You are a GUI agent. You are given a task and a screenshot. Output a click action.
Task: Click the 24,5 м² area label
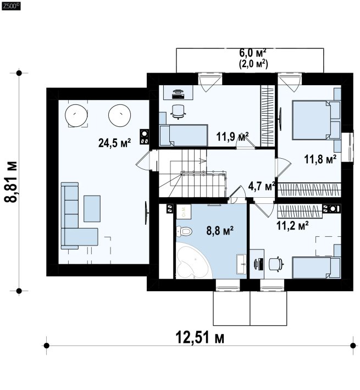pyautogui.click(x=115, y=143)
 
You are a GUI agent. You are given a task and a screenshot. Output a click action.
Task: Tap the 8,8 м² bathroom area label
pyautogui.click(x=220, y=231)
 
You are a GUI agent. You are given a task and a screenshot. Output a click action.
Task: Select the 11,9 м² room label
pyautogui.click(x=232, y=137)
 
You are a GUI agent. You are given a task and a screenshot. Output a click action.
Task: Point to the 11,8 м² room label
pyautogui.click(x=320, y=159)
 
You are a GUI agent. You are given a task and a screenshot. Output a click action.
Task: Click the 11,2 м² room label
pyautogui.click(x=292, y=226)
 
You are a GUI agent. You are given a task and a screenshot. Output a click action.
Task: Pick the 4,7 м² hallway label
pyautogui.click(x=261, y=186)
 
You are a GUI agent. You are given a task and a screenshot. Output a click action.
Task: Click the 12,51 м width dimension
pyautogui.click(x=200, y=337)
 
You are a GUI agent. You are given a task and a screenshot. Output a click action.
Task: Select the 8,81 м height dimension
pyautogui.click(x=11, y=182)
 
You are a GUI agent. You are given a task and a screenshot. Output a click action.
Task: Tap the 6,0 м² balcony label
pyautogui.click(x=253, y=53)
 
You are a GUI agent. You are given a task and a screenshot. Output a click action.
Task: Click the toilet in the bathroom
pyautogui.click(x=184, y=232)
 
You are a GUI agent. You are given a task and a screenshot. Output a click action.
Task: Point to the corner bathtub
pyautogui.click(x=192, y=262)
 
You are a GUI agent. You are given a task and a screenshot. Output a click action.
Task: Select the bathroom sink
pyautogui.click(x=241, y=264)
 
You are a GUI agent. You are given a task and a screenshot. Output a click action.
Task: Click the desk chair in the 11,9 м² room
pyautogui.click(x=178, y=112)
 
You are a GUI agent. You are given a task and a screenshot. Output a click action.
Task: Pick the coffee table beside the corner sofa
pyautogui.click(x=92, y=208)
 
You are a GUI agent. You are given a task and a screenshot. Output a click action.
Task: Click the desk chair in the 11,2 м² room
pyautogui.click(x=276, y=264)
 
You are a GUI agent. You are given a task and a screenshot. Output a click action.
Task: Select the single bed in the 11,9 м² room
pyautogui.click(x=184, y=135)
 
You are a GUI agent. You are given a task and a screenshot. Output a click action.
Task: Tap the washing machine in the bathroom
pyautogui.click(x=184, y=211)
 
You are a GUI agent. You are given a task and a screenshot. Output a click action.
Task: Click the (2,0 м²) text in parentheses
pyautogui.click(x=253, y=64)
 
